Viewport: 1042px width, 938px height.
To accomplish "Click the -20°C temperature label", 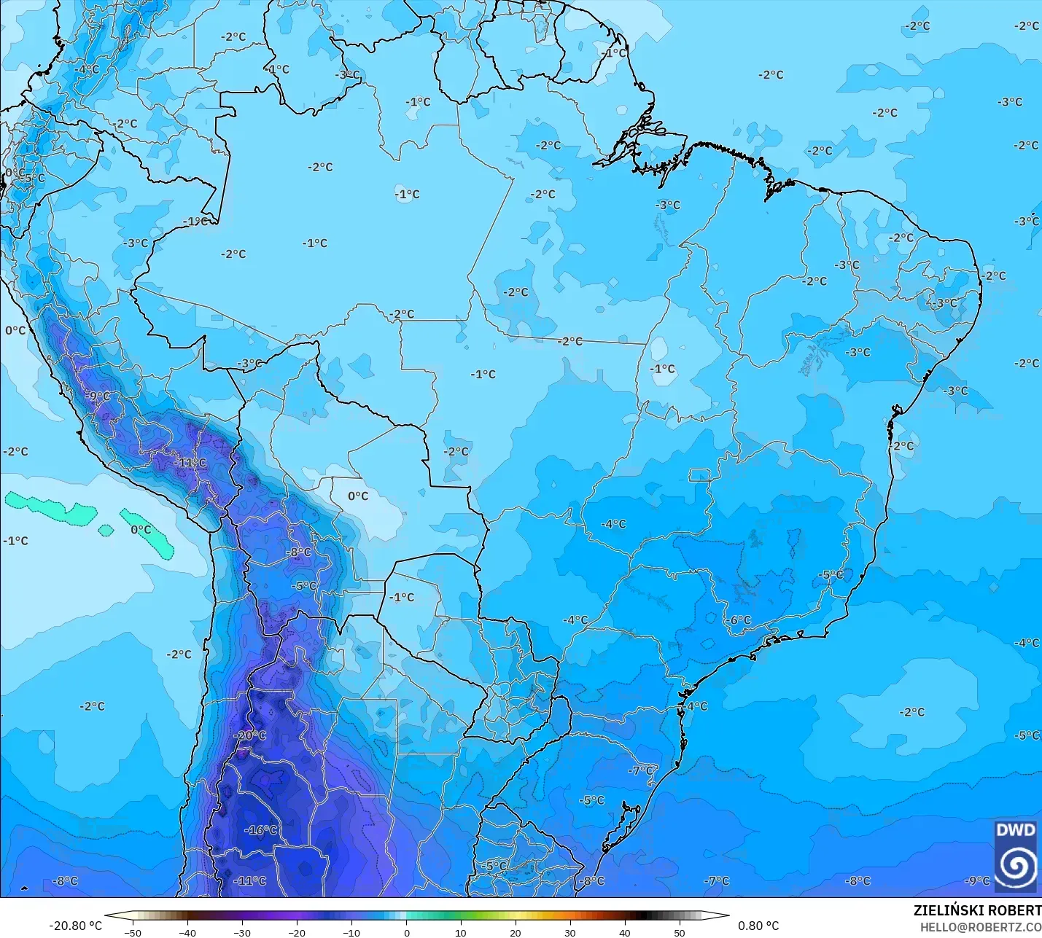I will tap(250, 735).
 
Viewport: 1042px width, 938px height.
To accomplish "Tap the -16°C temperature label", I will tap(261, 830).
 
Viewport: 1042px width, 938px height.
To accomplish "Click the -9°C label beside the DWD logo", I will tap(977, 880).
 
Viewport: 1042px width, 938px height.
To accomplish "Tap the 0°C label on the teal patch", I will tap(141, 530).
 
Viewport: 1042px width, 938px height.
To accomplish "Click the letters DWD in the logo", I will tap(1015, 830).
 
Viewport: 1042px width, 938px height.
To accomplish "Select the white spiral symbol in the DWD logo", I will tap(1016, 865).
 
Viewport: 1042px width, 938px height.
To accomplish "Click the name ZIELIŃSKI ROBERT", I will tap(977, 910).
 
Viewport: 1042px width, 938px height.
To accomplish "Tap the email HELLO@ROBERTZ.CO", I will tap(980, 927).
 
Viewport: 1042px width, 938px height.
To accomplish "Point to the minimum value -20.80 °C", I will tap(75, 926).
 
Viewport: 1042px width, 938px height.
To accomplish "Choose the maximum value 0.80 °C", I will tap(758, 926).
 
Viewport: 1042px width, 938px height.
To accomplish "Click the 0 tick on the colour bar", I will tap(406, 932).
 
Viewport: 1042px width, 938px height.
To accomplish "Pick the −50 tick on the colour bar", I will tap(133, 932).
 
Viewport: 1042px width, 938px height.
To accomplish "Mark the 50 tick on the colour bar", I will tap(680, 932).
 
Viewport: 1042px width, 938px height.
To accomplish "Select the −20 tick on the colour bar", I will tap(297, 932).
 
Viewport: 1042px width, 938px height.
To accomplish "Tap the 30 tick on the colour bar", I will tap(570, 932).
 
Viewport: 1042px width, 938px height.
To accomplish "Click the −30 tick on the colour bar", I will tap(242, 932).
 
